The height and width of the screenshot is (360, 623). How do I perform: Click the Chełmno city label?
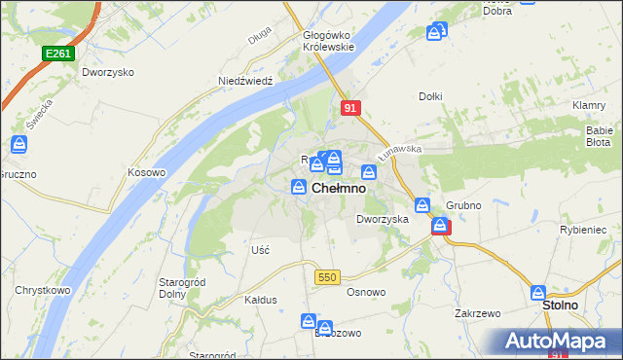tap(339, 189)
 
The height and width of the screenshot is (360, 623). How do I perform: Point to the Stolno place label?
tap(560, 306)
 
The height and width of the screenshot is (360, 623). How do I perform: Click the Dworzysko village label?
tap(108, 73)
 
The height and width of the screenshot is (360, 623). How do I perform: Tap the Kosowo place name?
tap(147, 172)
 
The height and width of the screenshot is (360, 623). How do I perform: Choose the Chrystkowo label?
tap(40, 290)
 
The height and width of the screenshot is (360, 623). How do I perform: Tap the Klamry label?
tap(590, 105)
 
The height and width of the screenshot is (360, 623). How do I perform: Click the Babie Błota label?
tap(598, 135)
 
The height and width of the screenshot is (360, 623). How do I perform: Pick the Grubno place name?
tap(464, 206)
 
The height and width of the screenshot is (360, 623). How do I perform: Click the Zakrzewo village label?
tap(477, 314)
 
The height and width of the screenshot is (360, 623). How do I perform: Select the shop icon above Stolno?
tap(538, 292)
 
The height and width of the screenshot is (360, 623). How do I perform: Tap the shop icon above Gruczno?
tap(18, 146)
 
